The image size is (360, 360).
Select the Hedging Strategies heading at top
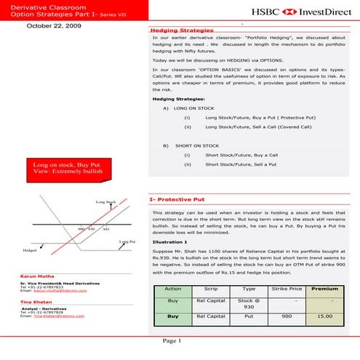[177, 31]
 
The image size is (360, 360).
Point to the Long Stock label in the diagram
[105, 201]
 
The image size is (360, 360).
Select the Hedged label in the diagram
[30, 249]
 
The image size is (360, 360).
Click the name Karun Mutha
[33, 276]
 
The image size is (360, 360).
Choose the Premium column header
[324, 289]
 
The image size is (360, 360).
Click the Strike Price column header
[286, 289]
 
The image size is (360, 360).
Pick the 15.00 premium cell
[324, 317]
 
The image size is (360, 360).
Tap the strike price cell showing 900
[286, 317]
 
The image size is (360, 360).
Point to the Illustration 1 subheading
[170, 241]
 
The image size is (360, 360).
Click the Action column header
[173, 289]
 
